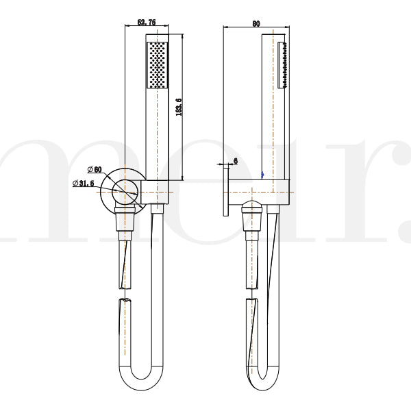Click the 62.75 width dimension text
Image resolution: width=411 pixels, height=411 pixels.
point(147,23)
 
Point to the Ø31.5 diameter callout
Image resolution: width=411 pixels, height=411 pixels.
point(85,183)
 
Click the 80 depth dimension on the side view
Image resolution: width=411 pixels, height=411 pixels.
point(256,23)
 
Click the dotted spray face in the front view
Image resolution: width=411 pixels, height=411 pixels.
point(158,64)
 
